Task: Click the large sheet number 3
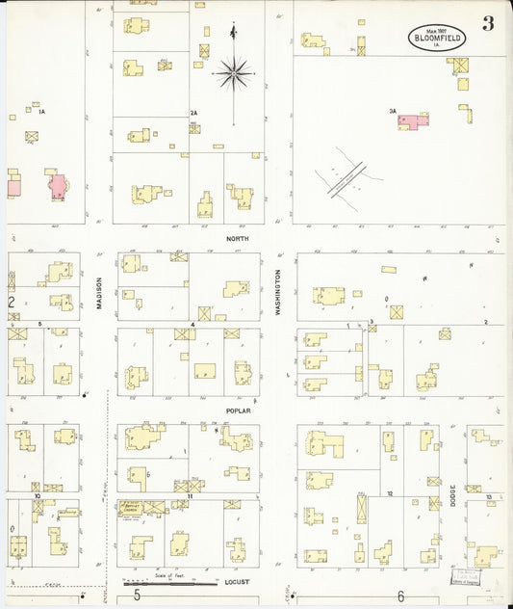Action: (488, 24)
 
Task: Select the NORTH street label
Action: (237, 237)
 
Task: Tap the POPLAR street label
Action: (239, 410)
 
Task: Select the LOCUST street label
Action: (237, 583)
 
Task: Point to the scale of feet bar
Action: (171, 583)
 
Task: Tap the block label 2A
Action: (193, 113)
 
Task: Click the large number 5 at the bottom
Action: (137, 596)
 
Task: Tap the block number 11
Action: (191, 495)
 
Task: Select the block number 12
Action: (390, 492)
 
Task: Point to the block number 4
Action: (193, 325)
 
